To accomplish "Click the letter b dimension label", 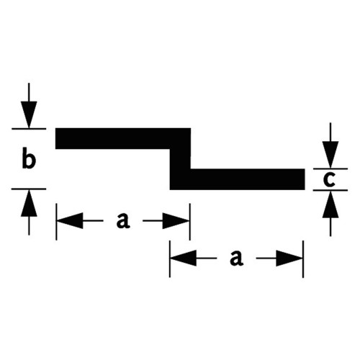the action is [x=29, y=158].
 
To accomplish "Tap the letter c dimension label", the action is [x=329, y=180].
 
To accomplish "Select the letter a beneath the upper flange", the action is [x=123, y=220].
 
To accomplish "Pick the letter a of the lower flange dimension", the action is [x=236, y=258].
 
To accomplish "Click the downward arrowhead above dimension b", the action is [x=29, y=114].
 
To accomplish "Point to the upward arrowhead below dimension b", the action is [x=29, y=203].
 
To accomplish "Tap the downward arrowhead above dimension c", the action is [x=330, y=155].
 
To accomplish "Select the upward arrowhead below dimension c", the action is [x=330, y=204].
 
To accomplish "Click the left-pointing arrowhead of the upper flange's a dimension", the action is [x=70, y=220].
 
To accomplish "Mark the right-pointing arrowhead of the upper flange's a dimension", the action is [x=176, y=220].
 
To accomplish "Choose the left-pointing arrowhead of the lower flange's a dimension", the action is [x=184, y=258].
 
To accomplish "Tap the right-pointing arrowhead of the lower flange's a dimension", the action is [x=289, y=258].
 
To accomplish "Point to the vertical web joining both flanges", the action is [x=180, y=159].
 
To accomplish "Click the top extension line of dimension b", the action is [x=29, y=129].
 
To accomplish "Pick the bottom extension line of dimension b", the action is [x=29, y=189].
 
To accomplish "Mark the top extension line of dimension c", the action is [x=330, y=168].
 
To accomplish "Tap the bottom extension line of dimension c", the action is [x=330, y=190].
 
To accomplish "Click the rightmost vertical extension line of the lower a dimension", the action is [x=303, y=259].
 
